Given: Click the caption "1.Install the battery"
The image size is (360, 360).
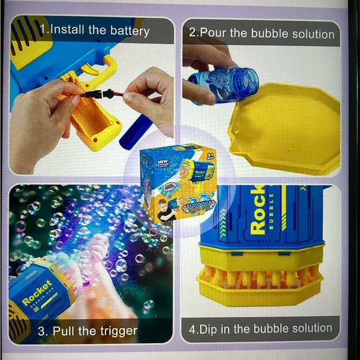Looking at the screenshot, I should point(94,30).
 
